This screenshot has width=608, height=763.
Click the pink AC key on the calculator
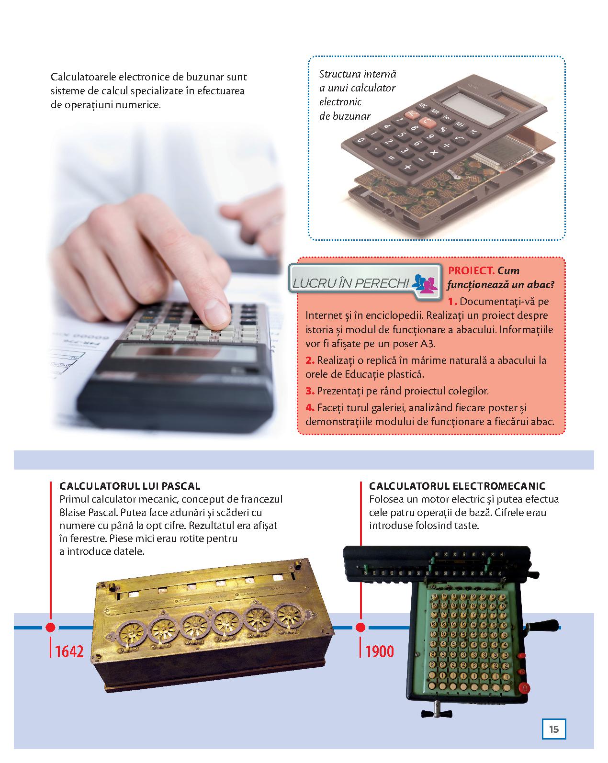click(412, 114)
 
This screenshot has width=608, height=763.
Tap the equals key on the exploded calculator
click(391, 158)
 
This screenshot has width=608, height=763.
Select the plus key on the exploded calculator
click(407, 166)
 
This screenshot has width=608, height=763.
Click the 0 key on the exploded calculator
click(360, 140)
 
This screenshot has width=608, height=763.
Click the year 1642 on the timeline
click(69, 651)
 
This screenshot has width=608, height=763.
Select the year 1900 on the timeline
click(379, 651)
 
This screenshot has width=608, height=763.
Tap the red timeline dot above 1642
click(50, 627)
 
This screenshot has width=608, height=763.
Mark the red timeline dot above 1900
click(360, 627)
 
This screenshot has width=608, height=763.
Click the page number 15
click(554, 729)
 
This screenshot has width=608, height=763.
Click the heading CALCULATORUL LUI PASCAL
click(130, 486)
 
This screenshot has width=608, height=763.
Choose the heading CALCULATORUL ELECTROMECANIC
click(457, 486)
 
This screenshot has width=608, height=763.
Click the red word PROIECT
click(471, 270)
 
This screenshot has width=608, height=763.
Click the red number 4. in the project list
click(310, 408)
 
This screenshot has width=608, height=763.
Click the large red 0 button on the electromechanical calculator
click(524, 688)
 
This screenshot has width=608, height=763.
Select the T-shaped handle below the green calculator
click(437, 712)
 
